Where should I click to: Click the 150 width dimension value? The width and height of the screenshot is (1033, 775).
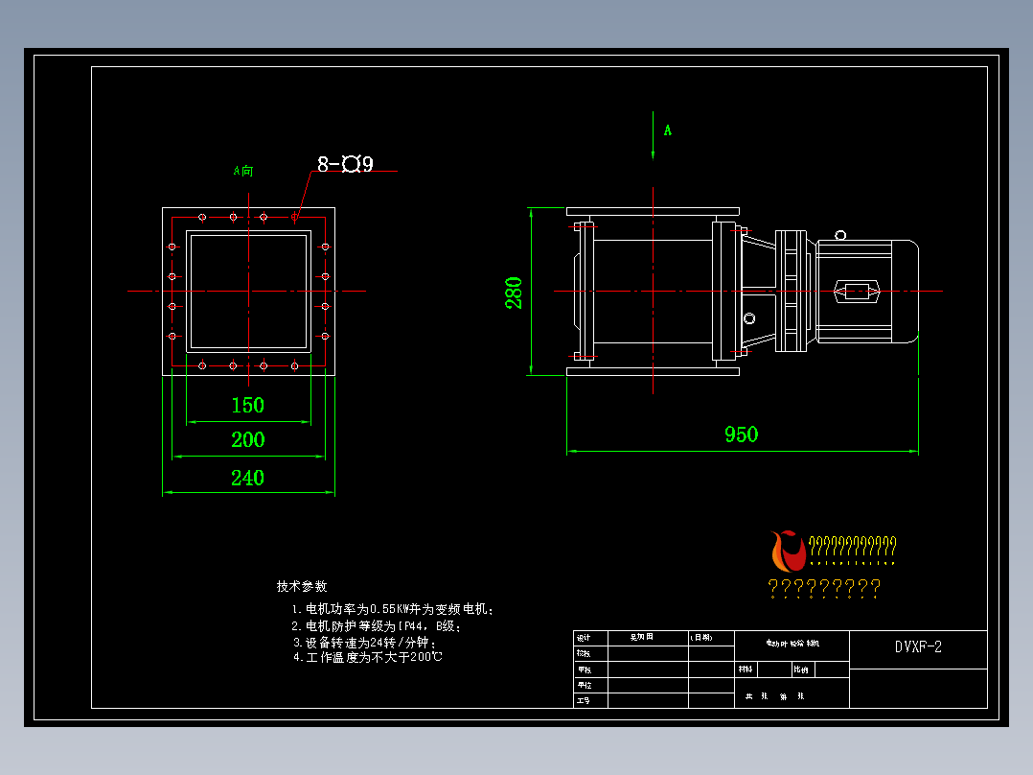(x=247, y=405)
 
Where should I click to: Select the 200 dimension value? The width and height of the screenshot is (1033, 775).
(x=247, y=440)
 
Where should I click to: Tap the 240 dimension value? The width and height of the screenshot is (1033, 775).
(x=247, y=478)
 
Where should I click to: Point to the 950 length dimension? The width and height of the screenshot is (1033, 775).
(x=741, y=434)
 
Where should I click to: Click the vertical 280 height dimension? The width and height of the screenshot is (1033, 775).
(x=515, y=292)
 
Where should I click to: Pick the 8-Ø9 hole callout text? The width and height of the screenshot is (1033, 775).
(x=345, y=164)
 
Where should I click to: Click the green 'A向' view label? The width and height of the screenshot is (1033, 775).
(x=243, y=172)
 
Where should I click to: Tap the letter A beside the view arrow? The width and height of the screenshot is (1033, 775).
(x=668, y=130)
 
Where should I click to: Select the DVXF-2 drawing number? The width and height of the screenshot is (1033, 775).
(x=918, y=647)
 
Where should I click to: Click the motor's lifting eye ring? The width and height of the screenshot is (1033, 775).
(x=840, y=234)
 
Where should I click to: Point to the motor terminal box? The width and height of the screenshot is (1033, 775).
(x=857, y=291)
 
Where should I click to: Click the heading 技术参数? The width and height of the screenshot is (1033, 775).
(x=302, y=586)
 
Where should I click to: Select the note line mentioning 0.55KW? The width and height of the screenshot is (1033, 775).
(x=393, y=609)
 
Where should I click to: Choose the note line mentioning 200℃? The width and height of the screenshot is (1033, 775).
(x=368, y=658)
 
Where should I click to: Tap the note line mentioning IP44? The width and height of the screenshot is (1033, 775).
(x=377, y=626)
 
